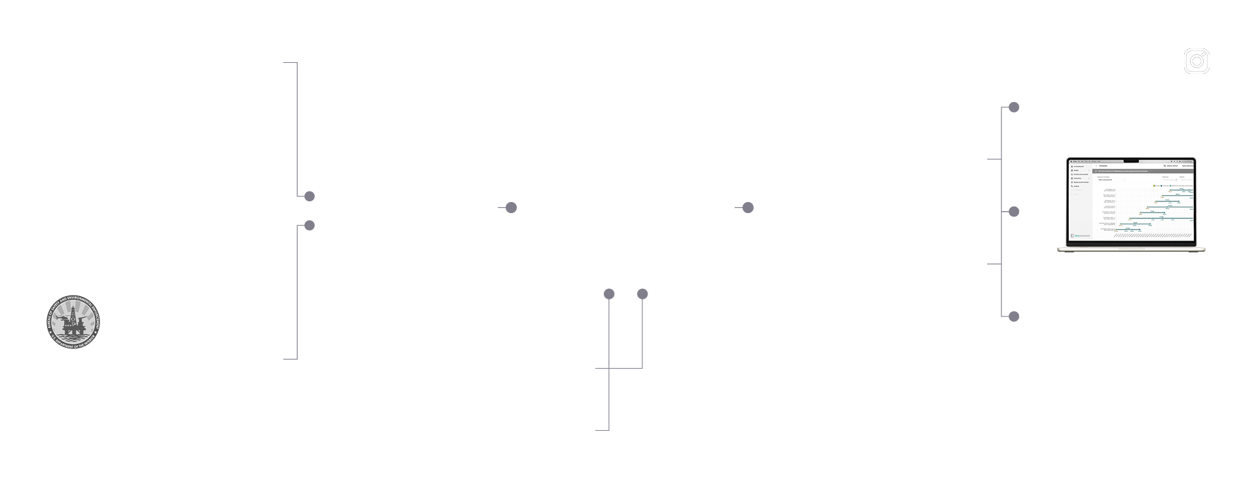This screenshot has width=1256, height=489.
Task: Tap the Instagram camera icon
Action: [1196, 61]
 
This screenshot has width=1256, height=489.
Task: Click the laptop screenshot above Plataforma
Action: [1131, 204]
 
